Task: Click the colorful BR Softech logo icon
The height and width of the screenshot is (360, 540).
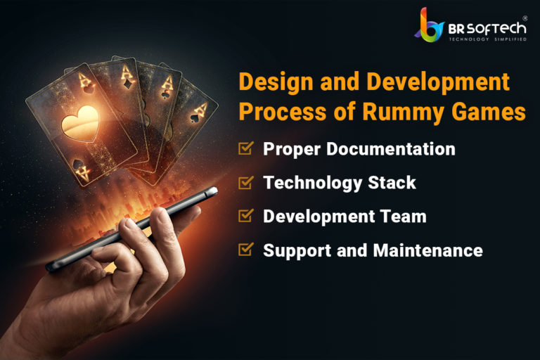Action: click(429, 25)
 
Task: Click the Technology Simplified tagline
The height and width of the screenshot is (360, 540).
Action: click(488, 39)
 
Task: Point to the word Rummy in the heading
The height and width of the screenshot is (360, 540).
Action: click(403, 112)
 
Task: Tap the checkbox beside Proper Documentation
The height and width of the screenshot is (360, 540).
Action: click(246, 148)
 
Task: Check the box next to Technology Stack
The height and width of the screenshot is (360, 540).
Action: click(246, 182)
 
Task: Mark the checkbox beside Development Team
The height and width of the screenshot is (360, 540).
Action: click(246, 216)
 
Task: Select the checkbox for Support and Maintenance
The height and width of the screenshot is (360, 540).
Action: click(246, 250)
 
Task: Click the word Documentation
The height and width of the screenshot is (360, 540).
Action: click(391, 149)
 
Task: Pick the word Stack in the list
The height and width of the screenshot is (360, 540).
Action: click(392, 182)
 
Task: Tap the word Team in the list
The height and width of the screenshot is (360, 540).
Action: click(404, 216)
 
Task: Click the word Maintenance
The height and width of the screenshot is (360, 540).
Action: click(427, 250)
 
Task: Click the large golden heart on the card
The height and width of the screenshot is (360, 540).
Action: click(80, 123)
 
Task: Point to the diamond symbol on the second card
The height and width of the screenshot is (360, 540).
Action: click(129, 83)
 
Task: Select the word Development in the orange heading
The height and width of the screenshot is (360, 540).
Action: click(438, 82)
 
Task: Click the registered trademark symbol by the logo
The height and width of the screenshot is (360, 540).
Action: click(525, 18)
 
